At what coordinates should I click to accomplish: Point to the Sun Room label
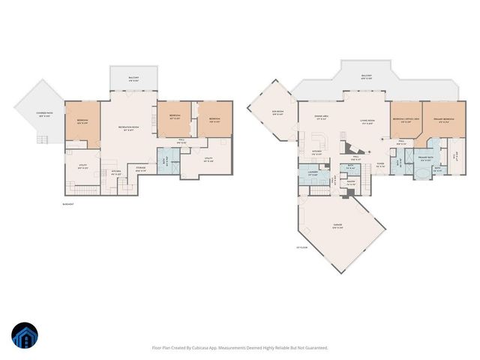[x=277, y=112]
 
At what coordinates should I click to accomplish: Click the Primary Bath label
[x=424, y=159]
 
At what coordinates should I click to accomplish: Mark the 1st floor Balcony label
[x=367, y=76]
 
